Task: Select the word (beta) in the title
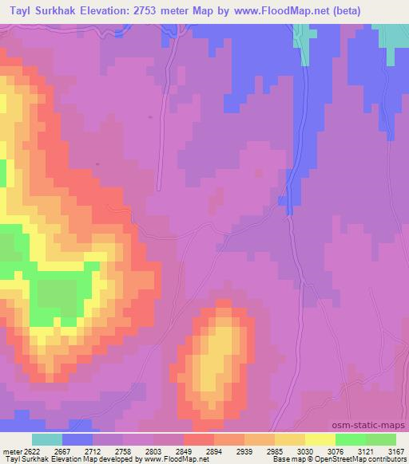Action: point(320,11)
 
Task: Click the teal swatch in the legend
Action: point(47,439)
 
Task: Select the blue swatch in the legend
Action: point(77,439)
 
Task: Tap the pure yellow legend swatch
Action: point(320,439)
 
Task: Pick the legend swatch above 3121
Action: point(350,439)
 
